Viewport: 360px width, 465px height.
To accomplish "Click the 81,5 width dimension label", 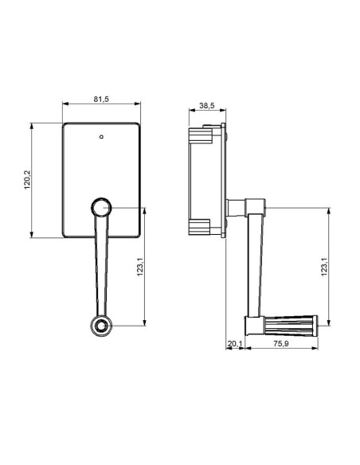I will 101,99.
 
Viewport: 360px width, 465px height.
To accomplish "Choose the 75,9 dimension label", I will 282,344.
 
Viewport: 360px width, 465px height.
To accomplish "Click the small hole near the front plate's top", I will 101,136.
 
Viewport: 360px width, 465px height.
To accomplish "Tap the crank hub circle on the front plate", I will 101,209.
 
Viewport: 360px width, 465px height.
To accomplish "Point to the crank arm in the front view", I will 101,267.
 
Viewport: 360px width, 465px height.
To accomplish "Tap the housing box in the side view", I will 205,180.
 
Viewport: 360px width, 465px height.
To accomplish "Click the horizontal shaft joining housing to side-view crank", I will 237,209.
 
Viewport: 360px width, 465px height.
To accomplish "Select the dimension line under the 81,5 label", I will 101,106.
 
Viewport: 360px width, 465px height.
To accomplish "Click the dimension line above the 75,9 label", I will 282,338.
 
